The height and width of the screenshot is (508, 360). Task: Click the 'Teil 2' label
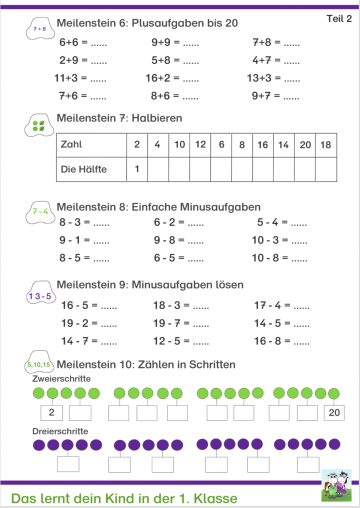point(339,19)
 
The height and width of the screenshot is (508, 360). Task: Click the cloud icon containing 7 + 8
point(39,29)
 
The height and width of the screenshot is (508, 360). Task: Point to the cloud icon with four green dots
point(39,126)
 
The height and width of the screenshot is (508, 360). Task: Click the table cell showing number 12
point(200,144)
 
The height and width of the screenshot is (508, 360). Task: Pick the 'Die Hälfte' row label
point(83,169)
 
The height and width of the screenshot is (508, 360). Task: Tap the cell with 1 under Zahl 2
point(137,169)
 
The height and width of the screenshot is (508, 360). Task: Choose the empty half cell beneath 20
point(305,169)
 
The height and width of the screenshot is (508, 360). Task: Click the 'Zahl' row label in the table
point(71,144)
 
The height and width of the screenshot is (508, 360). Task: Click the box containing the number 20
point(334,412)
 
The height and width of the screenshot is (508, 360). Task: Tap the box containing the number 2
point(51,412)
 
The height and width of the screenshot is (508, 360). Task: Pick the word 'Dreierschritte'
point(60,431)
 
